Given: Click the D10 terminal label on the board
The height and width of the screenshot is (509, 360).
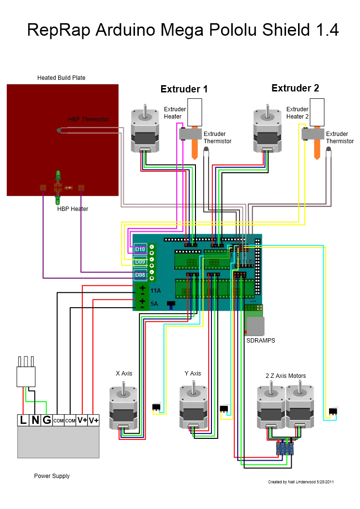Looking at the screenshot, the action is pos(140,249).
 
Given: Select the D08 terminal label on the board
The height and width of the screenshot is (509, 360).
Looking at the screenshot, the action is pos(140,275).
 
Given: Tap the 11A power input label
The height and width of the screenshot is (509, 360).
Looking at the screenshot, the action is pos(155,290).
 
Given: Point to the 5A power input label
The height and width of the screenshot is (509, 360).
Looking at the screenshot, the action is pos(154,304).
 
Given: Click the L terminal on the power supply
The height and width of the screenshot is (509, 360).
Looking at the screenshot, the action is pos(23,420).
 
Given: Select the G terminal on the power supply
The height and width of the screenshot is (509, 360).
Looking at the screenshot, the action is pos(47,420).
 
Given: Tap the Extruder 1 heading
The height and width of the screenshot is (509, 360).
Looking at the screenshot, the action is pos(184,89).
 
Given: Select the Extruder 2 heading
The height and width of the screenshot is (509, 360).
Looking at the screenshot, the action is pos(295,88).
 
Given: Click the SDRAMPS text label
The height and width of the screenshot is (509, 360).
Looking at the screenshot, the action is pos(261,340).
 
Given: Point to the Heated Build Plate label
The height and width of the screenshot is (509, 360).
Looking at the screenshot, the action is pos(61,77).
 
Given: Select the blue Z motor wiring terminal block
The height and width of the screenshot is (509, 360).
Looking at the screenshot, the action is pos(285,448).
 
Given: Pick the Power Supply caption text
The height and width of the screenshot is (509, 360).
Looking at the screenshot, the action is pos(52,476).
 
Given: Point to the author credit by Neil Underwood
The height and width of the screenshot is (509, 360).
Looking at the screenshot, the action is pos(300,482).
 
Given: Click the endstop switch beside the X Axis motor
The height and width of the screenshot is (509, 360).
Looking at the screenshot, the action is pos(157,407).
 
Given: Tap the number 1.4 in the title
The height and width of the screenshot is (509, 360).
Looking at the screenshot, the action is pos(328,30).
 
